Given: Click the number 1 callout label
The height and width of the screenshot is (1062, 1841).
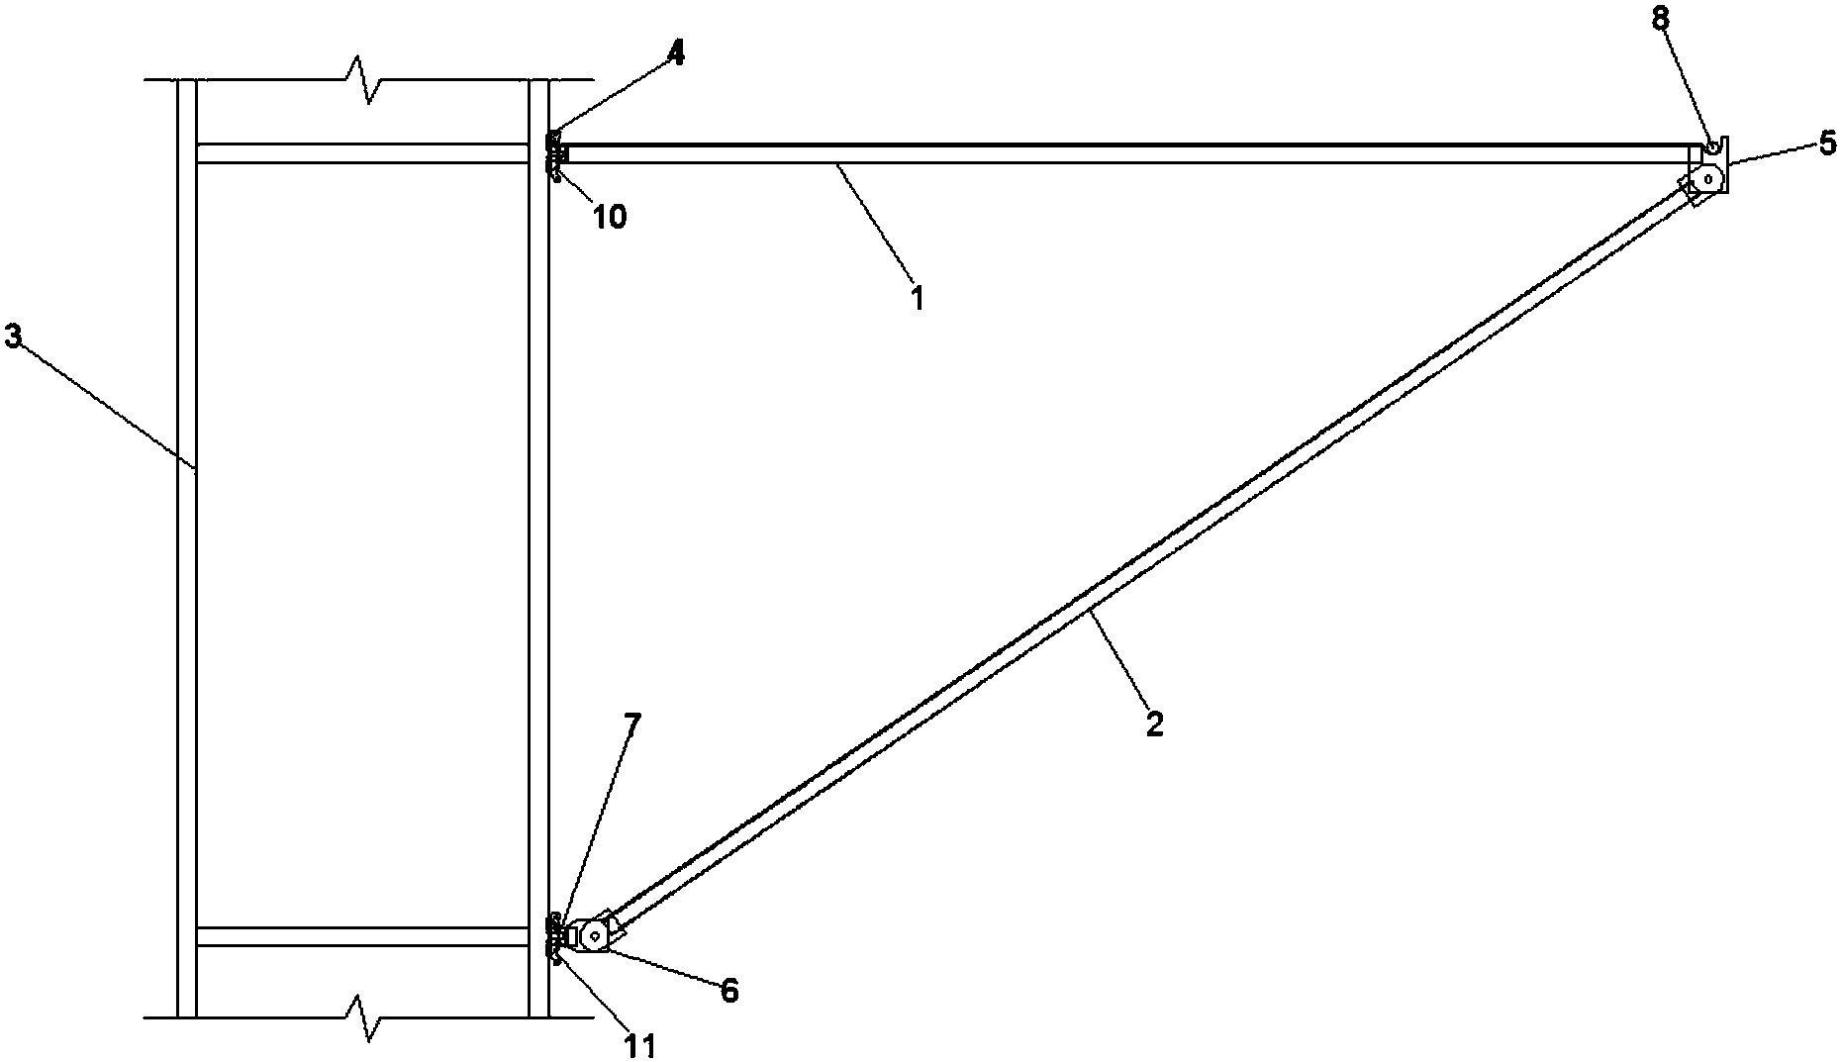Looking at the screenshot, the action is point(918,298).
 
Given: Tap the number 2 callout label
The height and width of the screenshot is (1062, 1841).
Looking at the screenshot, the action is point(1154,723).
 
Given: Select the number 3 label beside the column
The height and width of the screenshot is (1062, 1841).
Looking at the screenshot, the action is point(13,337).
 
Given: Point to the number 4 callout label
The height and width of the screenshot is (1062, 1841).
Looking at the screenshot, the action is point(675,53).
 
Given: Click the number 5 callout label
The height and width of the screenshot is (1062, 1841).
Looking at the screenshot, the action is point(1827,143).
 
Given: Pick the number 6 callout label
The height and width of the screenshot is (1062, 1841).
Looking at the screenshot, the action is point(729,991).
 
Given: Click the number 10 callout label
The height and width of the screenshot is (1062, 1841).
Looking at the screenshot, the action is point(609,217).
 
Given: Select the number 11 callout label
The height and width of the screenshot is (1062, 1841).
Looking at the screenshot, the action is point(639,1046).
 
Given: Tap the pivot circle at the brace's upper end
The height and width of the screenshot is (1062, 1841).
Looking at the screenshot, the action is point(1707,178).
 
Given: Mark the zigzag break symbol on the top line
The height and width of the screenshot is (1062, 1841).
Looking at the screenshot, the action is point(367,78).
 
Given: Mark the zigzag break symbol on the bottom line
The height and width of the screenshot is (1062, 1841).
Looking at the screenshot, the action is point(367,1017).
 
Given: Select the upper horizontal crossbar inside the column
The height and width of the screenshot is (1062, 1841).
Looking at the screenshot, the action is point(362,153).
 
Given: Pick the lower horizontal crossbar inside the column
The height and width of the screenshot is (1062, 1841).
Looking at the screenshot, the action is point(362,936).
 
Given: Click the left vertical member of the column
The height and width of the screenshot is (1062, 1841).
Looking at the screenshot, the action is point(187,547).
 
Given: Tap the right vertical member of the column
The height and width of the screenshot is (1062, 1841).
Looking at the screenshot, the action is point(538,547).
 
